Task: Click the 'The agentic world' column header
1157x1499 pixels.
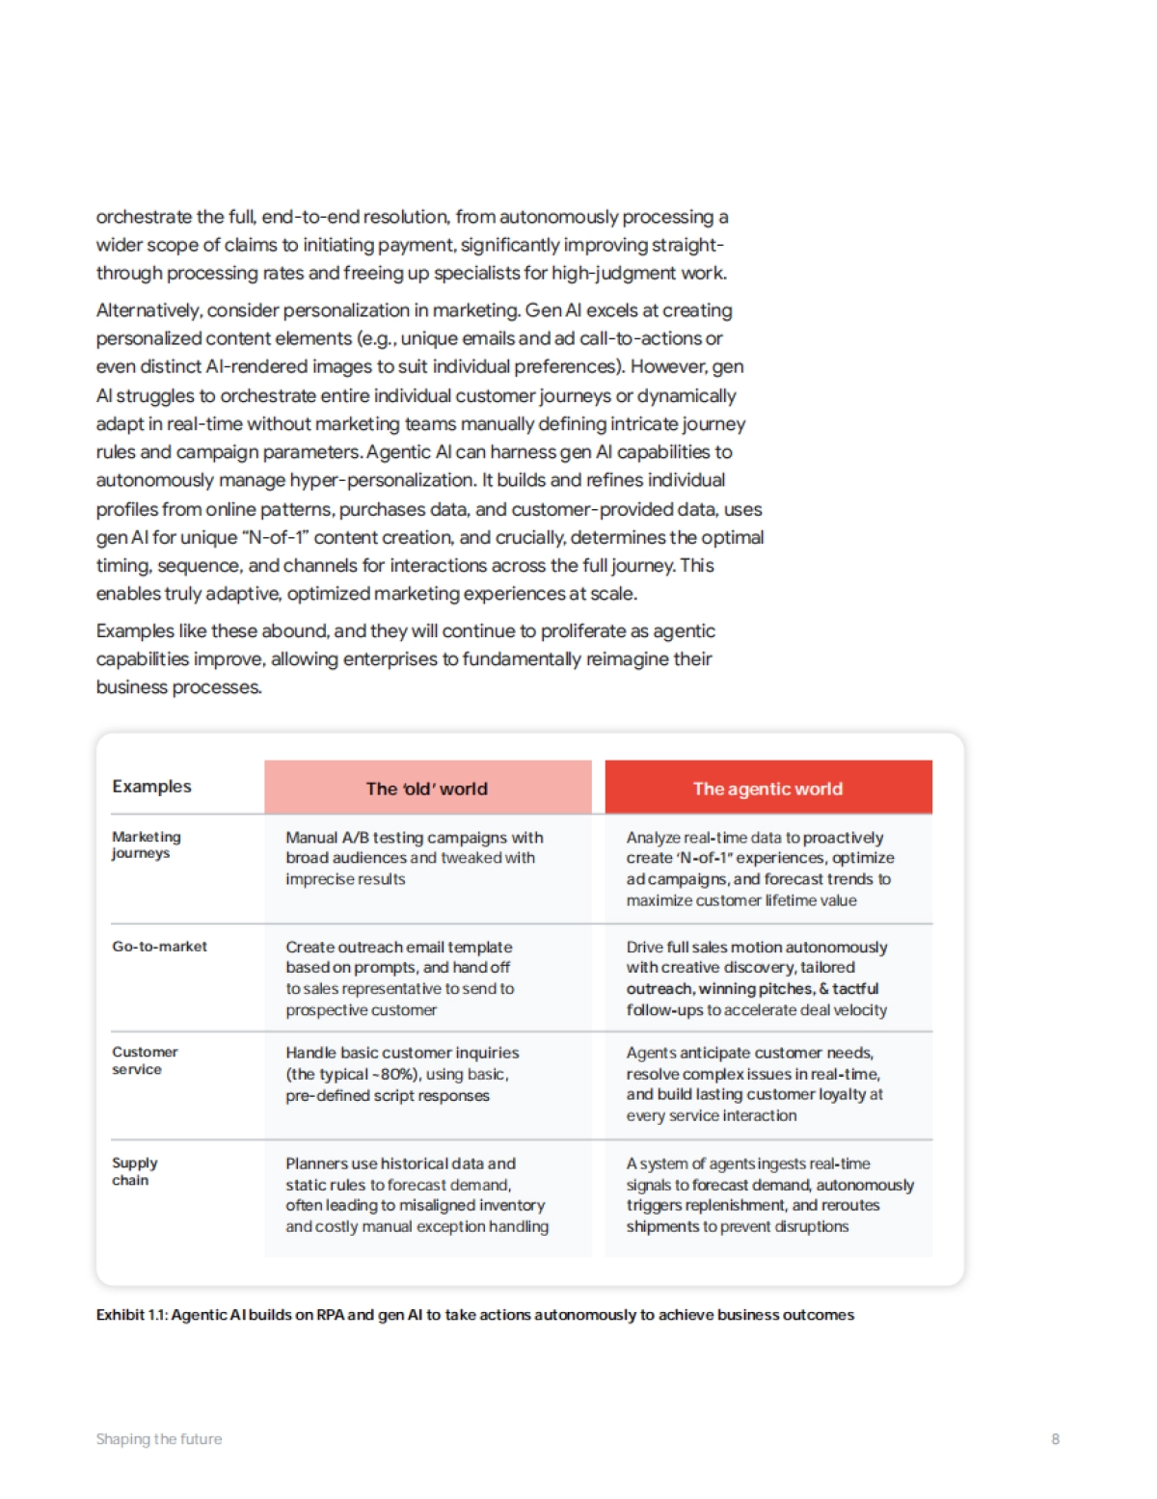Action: (767, 789)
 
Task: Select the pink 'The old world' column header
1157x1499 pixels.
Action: (427, 789)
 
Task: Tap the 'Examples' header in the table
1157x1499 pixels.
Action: (151, 787)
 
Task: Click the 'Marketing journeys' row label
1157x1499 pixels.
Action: (146, 844)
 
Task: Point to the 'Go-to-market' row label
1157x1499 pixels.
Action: (159, 947)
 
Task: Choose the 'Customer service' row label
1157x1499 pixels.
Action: (145, 1060)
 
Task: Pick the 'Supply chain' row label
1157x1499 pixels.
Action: (134, 1171)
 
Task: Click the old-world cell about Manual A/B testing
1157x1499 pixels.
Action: (414, 858)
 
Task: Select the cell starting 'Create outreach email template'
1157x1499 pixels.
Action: (399, 977)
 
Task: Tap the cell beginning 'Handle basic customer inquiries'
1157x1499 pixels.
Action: (402, 1074)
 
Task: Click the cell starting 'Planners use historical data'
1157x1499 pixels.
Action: (417, 1194)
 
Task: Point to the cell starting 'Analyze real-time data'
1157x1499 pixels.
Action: (760, 869)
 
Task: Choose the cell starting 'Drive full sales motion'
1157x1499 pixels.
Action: (757, 977)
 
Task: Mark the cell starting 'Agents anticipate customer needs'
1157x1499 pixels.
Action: (754, 1084)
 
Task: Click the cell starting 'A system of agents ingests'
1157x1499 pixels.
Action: (769, 1194)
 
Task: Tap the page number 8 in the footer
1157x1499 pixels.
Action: (1055, 1439)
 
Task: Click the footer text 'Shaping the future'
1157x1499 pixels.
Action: (159, 1439)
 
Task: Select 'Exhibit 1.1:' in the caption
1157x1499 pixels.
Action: (131, 1315)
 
